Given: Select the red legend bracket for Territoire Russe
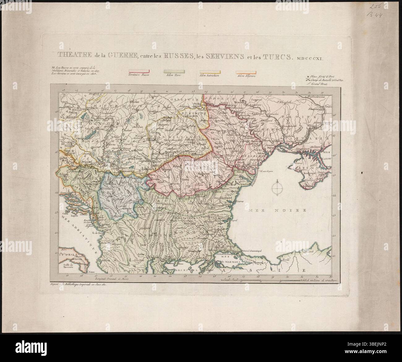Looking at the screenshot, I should [138, 72].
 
